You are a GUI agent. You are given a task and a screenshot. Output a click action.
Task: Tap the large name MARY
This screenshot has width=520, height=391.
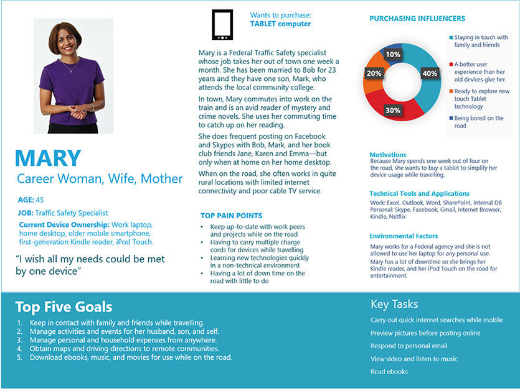click(48, 158)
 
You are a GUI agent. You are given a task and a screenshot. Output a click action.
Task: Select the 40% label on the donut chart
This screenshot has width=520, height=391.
click(430, 73)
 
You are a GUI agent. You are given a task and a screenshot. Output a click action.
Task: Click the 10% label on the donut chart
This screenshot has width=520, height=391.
click(393, 55)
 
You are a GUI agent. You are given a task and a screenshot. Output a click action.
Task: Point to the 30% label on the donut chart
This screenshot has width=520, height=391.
click(393, 110)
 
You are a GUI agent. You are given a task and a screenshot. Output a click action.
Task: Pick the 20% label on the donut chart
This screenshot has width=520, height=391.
click(374, 73)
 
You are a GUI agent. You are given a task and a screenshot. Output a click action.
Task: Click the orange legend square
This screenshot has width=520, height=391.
click(451, 91)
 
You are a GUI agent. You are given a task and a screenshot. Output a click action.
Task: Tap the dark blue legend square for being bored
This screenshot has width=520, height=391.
click(451, 118)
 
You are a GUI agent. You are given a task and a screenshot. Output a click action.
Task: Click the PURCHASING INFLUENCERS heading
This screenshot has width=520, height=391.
click(417, 19)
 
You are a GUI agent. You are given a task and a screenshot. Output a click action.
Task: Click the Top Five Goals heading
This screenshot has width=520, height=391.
click(64, 307)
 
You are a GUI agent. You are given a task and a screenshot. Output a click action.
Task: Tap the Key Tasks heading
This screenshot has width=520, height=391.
click(394, 305)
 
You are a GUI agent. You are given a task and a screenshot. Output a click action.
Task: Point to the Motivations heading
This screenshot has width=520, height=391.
click(387, 155)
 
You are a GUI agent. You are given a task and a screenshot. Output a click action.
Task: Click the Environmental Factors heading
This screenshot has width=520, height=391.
click(404, 236)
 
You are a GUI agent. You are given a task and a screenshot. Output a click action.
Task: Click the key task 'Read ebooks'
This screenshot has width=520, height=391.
click(389, 372)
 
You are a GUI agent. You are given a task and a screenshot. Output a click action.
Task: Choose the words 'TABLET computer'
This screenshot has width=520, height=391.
click(280, 24)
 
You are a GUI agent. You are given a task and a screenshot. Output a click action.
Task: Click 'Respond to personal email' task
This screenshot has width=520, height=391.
click(409, 346)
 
